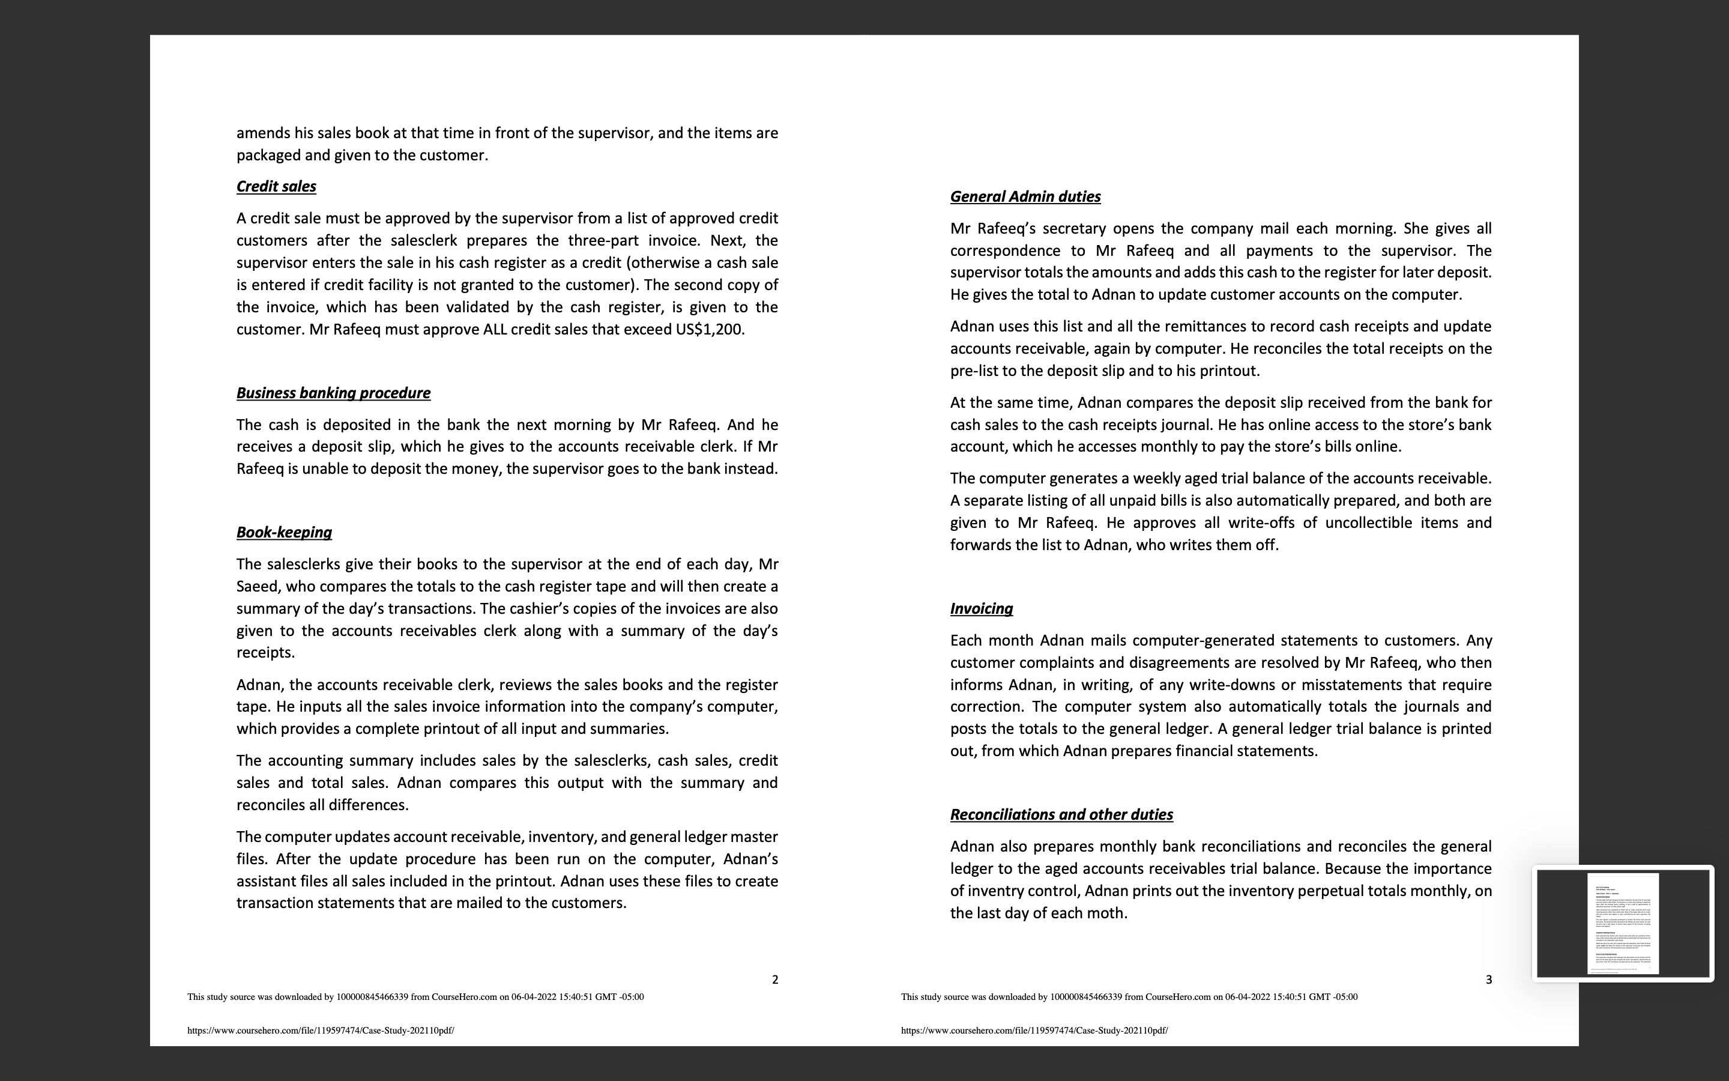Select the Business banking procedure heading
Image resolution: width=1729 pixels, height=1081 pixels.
pyautogui.click(x=333, y=393)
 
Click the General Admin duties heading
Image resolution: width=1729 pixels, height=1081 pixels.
pyautogui.click(x=1025, y=196)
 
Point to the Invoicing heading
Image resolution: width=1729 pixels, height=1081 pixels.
pyautogui.click(x=981, y=609)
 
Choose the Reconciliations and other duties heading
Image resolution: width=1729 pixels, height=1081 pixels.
pyautogui.click(x=1061, y=815)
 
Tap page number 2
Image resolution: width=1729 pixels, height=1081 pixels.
pyautogui.click(x=774, y=980)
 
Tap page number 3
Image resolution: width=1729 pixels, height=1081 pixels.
pyautogui.click(x=1488, y=980)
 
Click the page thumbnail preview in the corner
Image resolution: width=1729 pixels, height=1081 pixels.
pyautogui.click(x=1623, y=923)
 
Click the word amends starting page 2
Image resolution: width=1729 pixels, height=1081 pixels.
pyautogui.click(x=262, y=133)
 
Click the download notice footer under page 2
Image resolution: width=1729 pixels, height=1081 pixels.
pyautogui.click(x=415, y=998)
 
